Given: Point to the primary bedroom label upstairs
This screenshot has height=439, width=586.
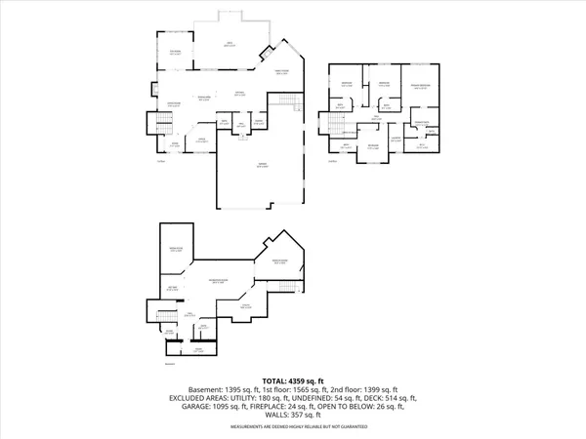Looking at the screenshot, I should coord(421,89).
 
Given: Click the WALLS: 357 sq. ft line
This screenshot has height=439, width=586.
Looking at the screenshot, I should coord(293,416).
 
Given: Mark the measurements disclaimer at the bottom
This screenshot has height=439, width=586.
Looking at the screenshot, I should coord(293,426).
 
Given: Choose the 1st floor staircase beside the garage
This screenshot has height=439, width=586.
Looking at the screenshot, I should coord(285,101).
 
